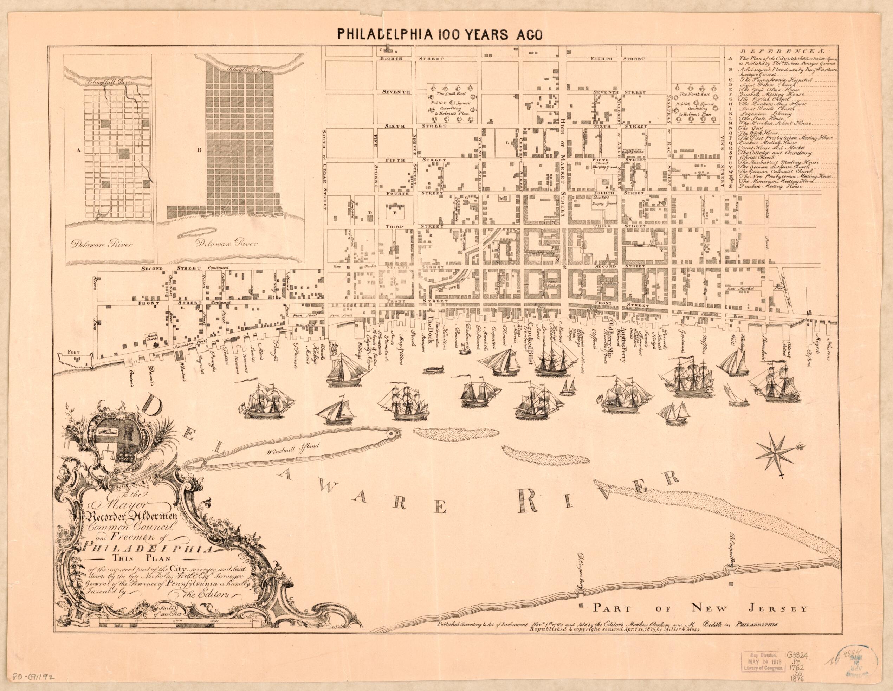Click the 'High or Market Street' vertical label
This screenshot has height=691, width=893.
click(x=563, y=151)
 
